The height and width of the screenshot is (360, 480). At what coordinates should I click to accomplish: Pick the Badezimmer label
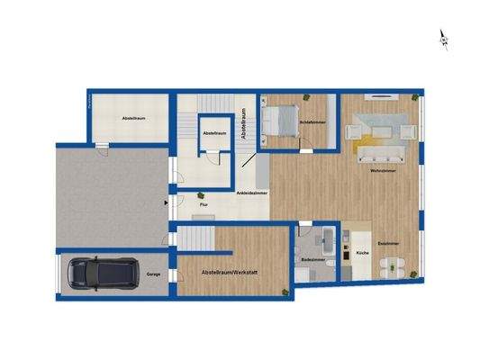313,262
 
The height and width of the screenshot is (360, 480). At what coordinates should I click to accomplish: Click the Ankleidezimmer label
250,193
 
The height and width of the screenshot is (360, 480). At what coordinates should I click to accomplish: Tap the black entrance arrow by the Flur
166,203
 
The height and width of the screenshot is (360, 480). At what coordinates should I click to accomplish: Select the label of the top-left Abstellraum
134,118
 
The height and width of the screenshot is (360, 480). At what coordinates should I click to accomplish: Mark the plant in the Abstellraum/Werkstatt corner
285,290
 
